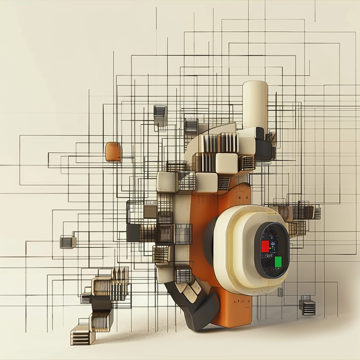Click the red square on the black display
coord(265,246)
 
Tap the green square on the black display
coord(278,262)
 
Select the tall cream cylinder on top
coord(255,104)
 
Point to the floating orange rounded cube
coord(113,152)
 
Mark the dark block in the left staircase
coord(101,302)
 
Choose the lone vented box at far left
coord(67,242)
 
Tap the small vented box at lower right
coord(307,307)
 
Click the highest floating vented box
coord(160,115)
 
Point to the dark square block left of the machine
coord(133,233)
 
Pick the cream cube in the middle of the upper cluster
coord(226,163)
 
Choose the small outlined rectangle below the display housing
coord(280,292)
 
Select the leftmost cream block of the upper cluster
coord(166,182)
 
